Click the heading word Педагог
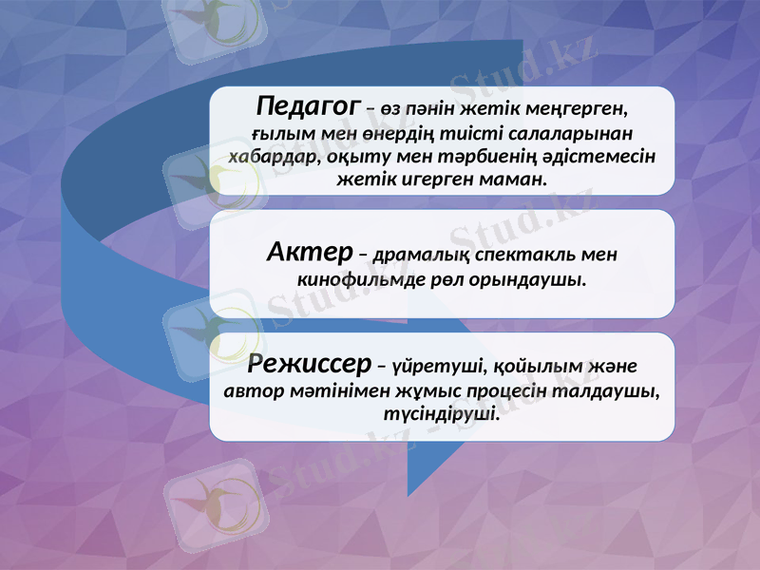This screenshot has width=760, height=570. (308, 103)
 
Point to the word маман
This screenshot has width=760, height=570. (514, 178)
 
